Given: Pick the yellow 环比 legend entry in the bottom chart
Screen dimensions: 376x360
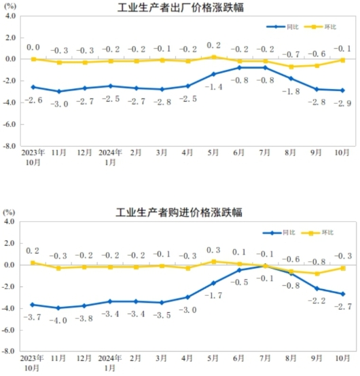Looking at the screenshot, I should (x=319, y=233).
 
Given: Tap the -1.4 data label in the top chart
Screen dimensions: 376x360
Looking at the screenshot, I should (x=214, y=87).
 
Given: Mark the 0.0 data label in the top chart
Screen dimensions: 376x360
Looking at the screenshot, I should (x=33, y=48).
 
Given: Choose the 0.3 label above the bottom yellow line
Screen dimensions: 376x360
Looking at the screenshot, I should (x=213, y=250).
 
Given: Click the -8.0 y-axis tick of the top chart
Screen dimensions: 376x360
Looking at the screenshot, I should (x=11, y=146).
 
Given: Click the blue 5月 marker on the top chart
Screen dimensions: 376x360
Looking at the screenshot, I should (x=213, y=74).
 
